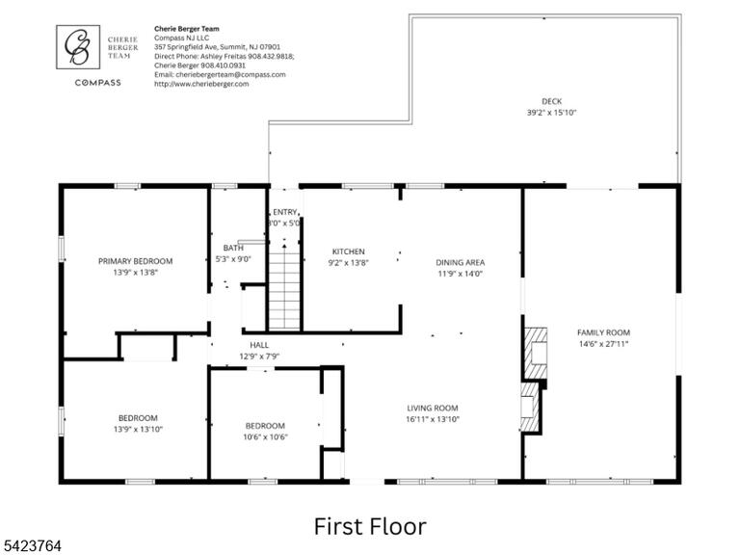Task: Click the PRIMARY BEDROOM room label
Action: (136, 261)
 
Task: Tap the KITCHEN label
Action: (348, 251)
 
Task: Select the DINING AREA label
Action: (461, 262)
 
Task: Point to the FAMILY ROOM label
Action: (603, 332)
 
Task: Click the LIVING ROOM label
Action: (433, 408)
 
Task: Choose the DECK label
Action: (552, 101)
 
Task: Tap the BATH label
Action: (233, 248)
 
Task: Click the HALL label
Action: (259, 345)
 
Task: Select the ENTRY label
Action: (284, 212)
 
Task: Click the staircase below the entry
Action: (284, 291)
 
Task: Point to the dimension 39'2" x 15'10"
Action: (552, 113)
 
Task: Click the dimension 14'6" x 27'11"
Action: (603, 344)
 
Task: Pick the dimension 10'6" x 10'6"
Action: (265, 437)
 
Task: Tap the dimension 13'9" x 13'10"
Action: (138, 429)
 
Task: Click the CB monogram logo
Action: (78, 47)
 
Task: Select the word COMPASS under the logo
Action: (97, 83)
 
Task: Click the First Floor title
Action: (370, 526)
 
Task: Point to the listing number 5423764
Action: (31, 546)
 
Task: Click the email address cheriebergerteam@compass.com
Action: (230, 74)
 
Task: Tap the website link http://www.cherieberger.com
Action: (201, 84)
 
